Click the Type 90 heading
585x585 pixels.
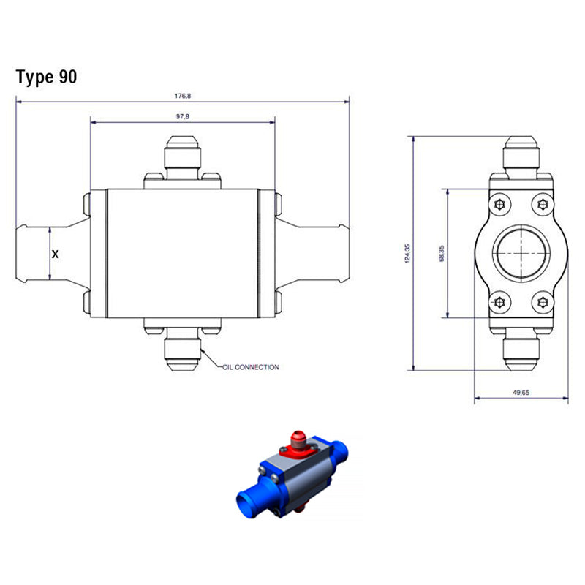(46, 77)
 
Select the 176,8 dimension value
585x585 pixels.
(183, 96)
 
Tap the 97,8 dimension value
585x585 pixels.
(183, 116)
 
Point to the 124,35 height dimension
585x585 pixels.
(407, 253)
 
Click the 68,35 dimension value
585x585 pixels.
(442, 253)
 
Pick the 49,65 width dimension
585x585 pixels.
(521, 393)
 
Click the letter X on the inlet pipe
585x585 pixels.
(56, 254)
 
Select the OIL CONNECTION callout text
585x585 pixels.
(251, 367)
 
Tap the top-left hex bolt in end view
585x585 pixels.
(499, 205)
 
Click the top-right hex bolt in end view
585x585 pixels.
(543, 205)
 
